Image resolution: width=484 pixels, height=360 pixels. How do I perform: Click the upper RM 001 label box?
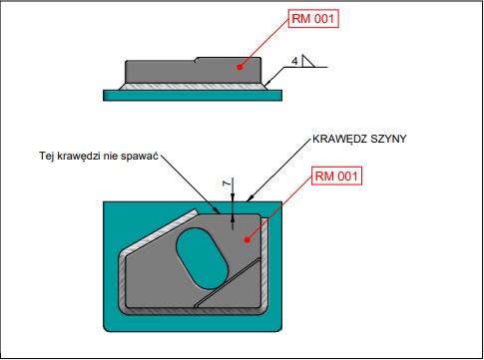click(313, 19)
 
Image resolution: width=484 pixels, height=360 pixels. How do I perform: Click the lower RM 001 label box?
click(336, 176)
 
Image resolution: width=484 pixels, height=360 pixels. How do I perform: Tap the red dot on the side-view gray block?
click(240, 67)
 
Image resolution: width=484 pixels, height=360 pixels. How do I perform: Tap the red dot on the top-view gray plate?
click(246, 239)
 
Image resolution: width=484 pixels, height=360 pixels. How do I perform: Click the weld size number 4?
click(294, 62)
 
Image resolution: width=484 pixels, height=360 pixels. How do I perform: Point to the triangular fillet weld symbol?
click(307, 61)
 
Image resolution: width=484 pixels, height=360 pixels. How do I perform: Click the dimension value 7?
click(227, 183)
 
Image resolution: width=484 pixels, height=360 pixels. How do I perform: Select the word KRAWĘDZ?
click(340, 139)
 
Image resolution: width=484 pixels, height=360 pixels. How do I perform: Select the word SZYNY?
click(388, 139)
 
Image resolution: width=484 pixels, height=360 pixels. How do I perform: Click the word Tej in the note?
click(47, 156)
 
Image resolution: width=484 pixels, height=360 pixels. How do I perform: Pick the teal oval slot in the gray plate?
click(202, 258)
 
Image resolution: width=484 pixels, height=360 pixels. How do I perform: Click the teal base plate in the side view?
click(193, 95)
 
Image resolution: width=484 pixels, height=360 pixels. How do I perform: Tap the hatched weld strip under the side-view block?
click(193, 87)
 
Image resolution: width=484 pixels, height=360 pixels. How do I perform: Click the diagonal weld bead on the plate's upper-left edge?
click(159, 232)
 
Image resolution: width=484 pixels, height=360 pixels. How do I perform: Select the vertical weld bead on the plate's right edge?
click(264, 262)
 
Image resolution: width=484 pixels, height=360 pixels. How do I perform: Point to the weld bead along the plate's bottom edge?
click(193, 311)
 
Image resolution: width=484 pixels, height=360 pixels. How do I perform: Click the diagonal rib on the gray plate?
click(228, 283)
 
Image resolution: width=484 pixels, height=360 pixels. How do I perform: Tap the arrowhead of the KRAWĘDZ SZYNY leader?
click(249, 198)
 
